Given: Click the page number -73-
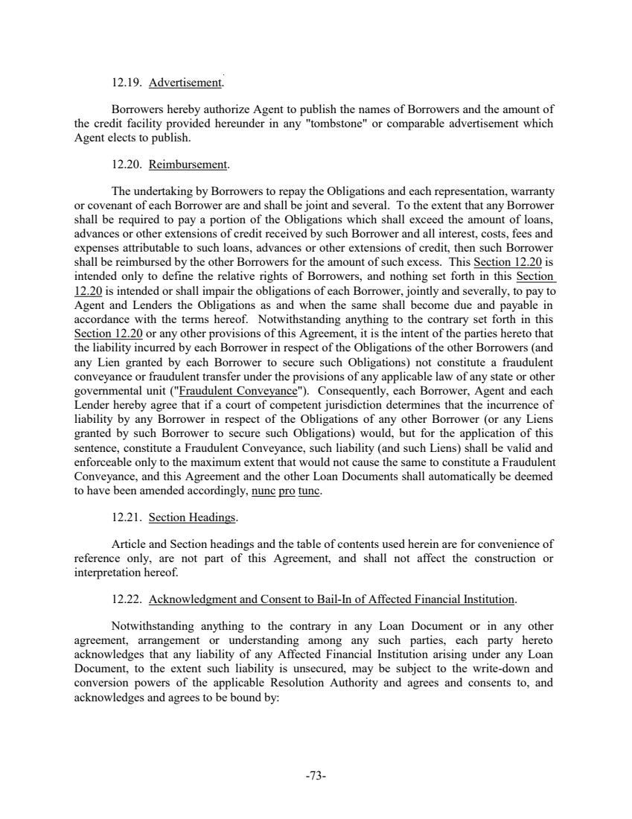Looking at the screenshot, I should [316, 777].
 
